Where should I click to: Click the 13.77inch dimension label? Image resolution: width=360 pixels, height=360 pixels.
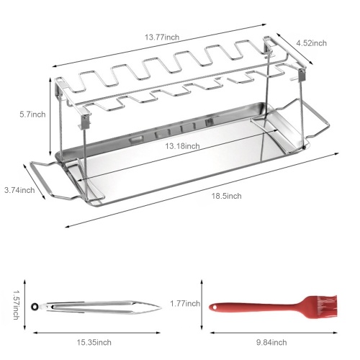[x=162, y=37]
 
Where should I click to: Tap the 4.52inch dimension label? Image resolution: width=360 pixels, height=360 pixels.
[x=311, y=43]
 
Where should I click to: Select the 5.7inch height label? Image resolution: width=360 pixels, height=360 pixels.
[x=32, y=114]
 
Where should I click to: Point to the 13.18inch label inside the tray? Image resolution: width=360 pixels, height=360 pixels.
[x=182, y=146]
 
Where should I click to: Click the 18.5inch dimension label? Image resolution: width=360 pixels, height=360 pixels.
[x=226, y=196]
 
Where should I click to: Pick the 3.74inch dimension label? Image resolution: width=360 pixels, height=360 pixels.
[x=19, y=190]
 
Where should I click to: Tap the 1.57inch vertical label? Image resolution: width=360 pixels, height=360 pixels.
[x=16, y=305]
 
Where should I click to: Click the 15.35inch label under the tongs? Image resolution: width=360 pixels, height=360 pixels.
[x=94, y=342]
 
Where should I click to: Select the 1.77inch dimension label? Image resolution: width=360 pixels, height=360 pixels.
[x=185, y=304]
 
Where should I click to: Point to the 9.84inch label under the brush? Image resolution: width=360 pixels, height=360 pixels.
[x=271, y=342]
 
